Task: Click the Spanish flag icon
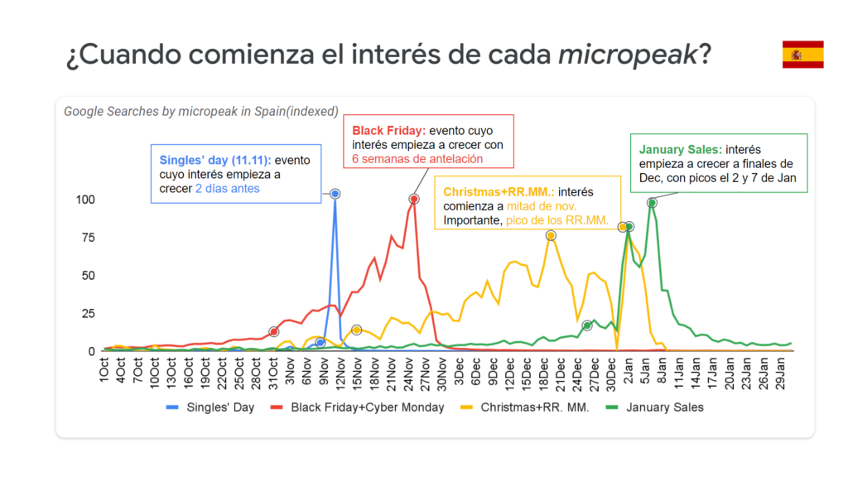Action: pyautogui.click(x=802, y=55)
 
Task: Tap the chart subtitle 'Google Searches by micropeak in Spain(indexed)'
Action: pyautogui.click(x=201, y=111)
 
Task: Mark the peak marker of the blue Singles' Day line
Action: pyautogui.click(x=335, y=194)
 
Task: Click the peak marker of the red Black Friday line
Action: pyautogui.click(x=414, y=199)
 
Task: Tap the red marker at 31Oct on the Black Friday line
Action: pyautogui.click(x=273, y=332)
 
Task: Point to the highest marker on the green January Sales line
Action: pyautogui.click(x=653, y=203)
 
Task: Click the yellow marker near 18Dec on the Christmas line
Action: pyautogui.click(x=551, y=236)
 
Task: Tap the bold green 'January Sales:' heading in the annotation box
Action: pyautogui.click(x=680, y=150)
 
